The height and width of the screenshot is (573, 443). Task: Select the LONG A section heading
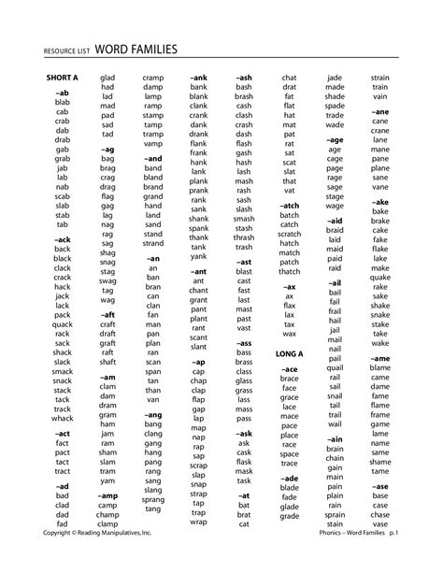point(290,355)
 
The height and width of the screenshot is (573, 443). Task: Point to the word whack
point(63,420)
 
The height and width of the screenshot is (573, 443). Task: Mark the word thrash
point(244,236)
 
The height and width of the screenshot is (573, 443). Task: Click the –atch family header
point(289,205)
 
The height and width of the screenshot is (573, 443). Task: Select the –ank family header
point(198,78)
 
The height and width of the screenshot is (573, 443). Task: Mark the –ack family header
point(62,238)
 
